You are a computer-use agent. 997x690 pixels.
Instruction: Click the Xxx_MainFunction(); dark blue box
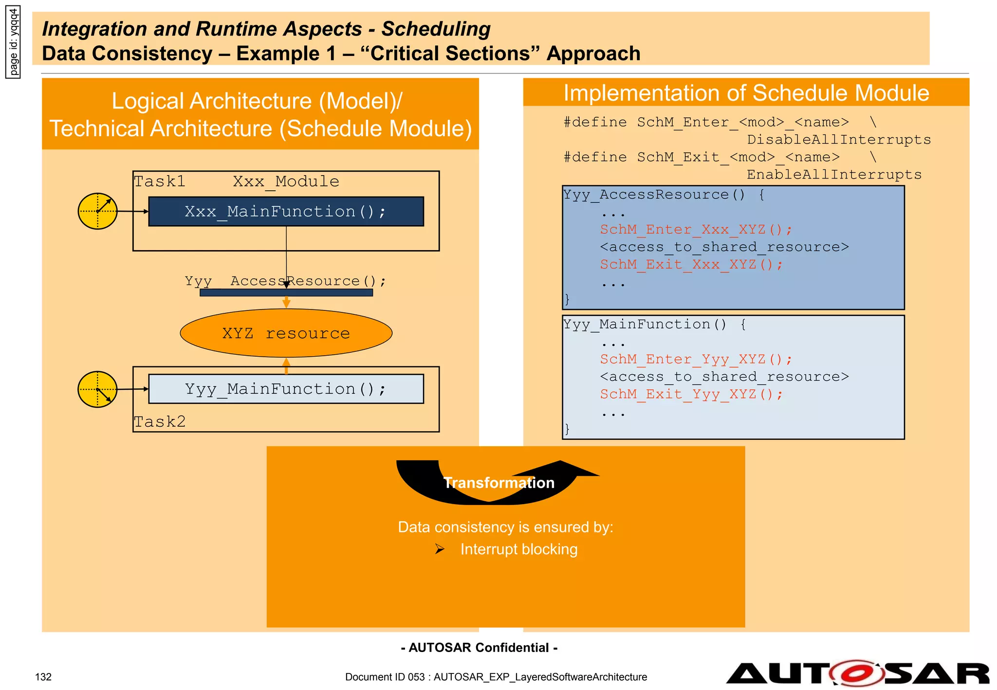click(286, 211)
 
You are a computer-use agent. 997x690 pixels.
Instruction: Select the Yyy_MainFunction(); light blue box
click(286, 389)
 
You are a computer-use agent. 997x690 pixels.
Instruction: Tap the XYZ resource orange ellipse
click(286, 333)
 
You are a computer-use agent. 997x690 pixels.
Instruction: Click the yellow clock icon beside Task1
click(97, 211)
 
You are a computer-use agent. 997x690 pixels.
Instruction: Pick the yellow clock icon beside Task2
click(97, 389)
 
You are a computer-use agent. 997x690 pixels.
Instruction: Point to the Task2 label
click(160, 421)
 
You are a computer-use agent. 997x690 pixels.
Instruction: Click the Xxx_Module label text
click(286, 182)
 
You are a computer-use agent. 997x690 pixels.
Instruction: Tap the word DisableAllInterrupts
click(838, 140)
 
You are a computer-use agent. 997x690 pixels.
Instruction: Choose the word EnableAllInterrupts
click(834, 175)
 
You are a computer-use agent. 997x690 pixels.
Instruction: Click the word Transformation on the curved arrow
click(498, 483)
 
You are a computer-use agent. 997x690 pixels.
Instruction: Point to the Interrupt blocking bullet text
click(518, 549)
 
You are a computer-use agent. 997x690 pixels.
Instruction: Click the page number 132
click(43, 677)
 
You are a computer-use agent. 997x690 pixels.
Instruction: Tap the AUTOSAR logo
click(857, 674)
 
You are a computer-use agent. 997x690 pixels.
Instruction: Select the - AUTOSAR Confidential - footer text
click(479, 648)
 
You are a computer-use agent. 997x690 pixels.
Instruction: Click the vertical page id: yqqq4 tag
click(13, 42)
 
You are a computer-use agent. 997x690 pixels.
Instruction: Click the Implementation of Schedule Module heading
click(746, 93)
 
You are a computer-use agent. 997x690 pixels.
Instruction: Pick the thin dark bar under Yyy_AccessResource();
click(286, 292)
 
